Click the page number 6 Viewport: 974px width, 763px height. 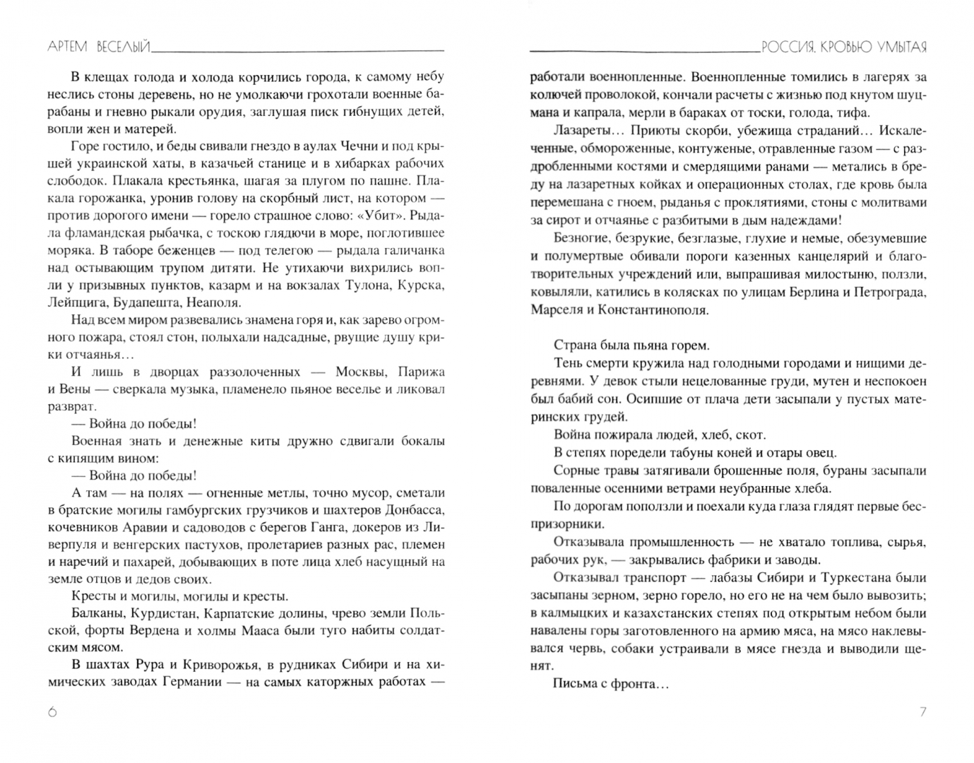[52, 712]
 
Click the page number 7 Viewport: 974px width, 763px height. [922, 712]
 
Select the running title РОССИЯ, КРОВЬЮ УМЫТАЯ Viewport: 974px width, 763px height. [844, 47]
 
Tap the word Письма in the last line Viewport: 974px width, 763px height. [576, 683]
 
